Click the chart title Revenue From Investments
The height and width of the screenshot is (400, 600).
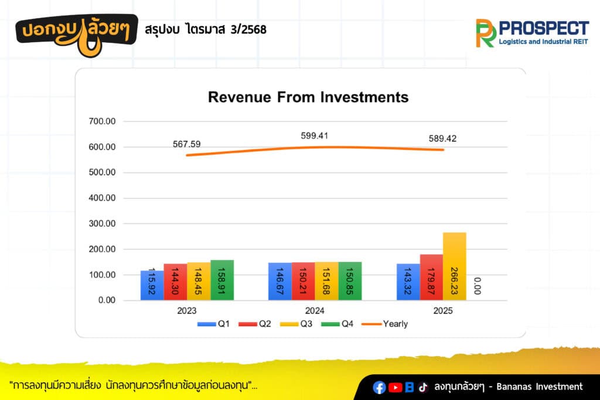pyautogui.click(x=308, y=97)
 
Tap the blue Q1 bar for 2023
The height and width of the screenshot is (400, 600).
pyautogui.click(x=152, y=285)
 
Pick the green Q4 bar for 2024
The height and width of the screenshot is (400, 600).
pyautogui.click(x=350, y=281)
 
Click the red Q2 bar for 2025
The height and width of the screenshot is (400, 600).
pyautogui.click(x=431, y=277)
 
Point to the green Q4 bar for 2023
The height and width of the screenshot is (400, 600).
pyautogui.click(x=222, y=280)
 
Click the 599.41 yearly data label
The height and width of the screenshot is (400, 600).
pyautogui.click(x=315, y=136)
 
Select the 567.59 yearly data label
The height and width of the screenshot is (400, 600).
pyautogui.click(x=187, y=144)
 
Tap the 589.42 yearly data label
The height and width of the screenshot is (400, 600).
pyautogui.click(x=443, y=139)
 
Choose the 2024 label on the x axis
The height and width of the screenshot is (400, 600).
pyautogui.click(x=315, y=311)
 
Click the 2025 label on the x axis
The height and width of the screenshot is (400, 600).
pyautogui.click(x=443, y=311)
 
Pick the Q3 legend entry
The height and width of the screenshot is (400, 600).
pyautogui.click(x=300, y=324)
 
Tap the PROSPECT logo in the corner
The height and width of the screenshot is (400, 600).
pyautogui.click(x=532, y=33)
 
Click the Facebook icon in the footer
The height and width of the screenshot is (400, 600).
pyautogui.click(x=380, y=387)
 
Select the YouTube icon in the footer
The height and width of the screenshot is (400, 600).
pyautogui.click(x=396, y=387)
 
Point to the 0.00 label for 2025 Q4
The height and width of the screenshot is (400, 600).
pyautogui.click(x=476, y=286)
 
